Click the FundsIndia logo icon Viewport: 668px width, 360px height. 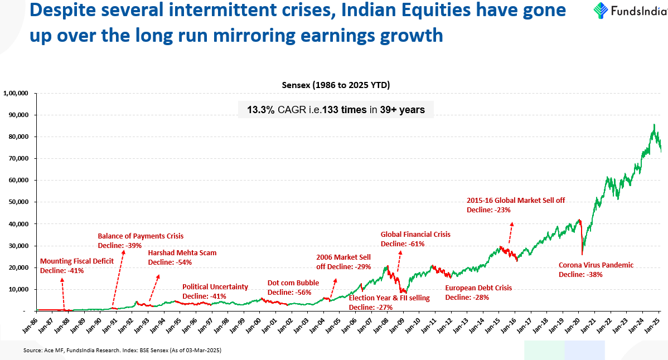(601, 11)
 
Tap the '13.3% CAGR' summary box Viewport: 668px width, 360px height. (336, 110)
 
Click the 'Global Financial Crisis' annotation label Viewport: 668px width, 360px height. (415, 235)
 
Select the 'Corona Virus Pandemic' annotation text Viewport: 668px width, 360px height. (596, 265)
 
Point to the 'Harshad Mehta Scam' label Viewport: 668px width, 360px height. (182, 253)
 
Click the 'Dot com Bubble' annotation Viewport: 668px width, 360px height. (293, 283)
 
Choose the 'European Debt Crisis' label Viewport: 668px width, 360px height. (478, 288)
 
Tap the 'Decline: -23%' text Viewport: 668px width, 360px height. (488, 210)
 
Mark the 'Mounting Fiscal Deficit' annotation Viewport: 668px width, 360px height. (77, 261)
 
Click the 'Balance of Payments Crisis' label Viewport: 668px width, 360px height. (141, 236)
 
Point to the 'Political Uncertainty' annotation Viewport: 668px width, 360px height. (215, 286)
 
